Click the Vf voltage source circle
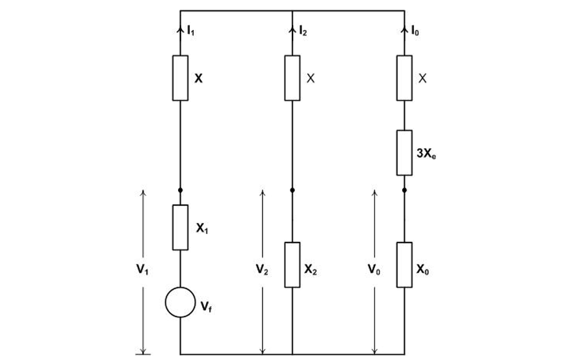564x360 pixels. click(180, 302)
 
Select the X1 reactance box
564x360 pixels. click(180, 227)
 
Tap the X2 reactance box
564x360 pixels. click(292, 264)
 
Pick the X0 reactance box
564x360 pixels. click(404, 264)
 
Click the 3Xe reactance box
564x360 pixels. click(404, 153)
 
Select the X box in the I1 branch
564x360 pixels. click(180, 78)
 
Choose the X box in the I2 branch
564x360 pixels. click(292, 78)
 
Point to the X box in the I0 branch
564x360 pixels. click(404, 78)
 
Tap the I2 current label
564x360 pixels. click(302, 30)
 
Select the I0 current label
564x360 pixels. click(415, 30)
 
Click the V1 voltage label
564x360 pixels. click(133, 271)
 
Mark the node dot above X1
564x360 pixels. click(180, 190)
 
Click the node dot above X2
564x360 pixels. click(292, 190)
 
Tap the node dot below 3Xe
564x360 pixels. click(404, 190)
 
